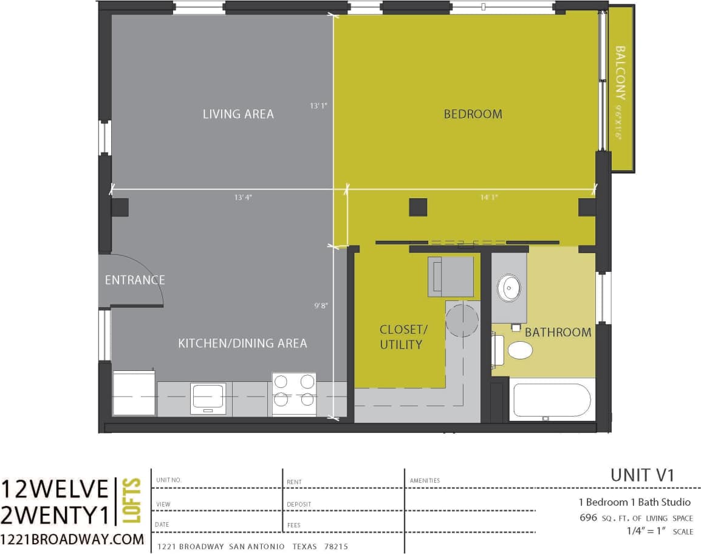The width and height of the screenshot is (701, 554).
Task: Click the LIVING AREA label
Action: (238, 114)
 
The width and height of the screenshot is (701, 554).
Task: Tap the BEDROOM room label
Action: (473, 114)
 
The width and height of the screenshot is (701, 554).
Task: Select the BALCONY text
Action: (620, 73)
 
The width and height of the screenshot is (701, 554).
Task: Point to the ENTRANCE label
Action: (135, 280)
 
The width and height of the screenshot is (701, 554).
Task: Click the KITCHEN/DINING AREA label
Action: (242, 344)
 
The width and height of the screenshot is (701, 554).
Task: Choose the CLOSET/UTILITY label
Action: (403, 337)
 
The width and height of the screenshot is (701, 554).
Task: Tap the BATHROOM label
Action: (558, 333)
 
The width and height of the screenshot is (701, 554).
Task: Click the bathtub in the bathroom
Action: (552, 399)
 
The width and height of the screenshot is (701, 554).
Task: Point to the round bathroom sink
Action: (508, 288)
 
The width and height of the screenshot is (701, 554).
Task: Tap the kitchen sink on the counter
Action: (208, 398)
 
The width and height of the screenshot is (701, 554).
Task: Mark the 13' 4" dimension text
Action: (242, 198)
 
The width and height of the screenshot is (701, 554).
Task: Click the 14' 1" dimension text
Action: (488, 198)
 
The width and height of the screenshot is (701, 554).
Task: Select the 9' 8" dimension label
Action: (321, 306)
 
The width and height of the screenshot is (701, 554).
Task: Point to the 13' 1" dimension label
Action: (318, 106)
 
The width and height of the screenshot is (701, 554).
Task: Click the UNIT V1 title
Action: (643, 475)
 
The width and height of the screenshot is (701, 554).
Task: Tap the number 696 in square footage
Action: (589, 518)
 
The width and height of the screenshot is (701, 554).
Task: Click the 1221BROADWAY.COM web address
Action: (72, 539)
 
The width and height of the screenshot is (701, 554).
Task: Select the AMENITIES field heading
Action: (425, 480)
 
